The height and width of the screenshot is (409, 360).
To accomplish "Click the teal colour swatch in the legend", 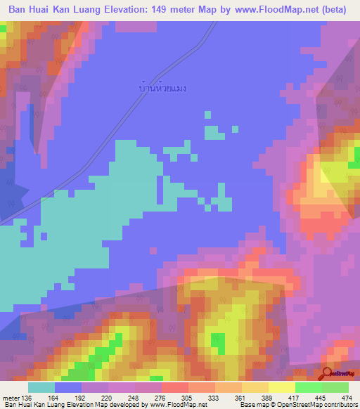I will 41,387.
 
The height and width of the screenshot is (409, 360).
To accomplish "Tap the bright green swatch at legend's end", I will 335,387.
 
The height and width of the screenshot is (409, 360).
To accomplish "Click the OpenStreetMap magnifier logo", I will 327,373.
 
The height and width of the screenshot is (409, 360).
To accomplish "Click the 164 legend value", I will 53,397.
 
